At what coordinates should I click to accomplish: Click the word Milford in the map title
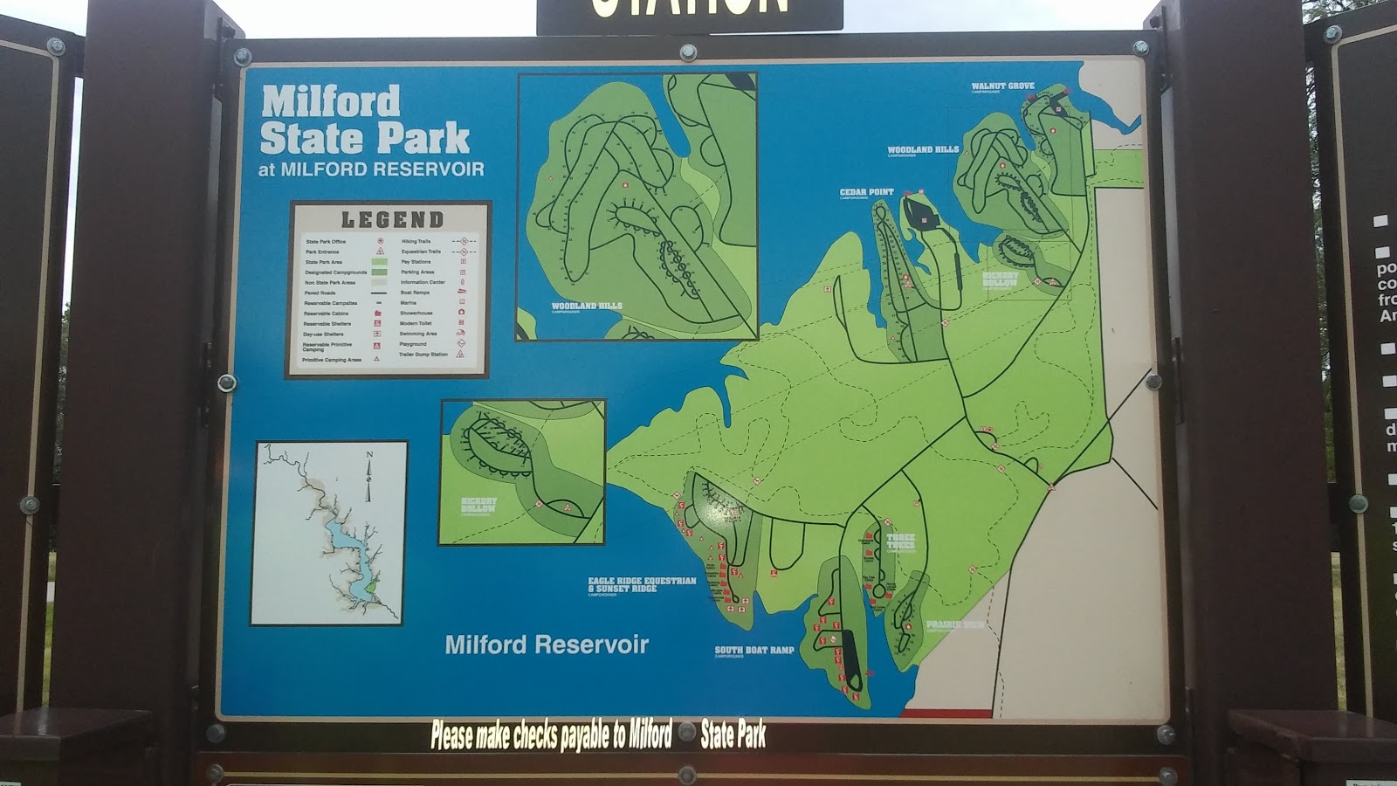(x=330, y=101)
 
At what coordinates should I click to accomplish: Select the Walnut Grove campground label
(x=1002, y=86)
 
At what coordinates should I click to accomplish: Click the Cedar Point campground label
(x=866, y=192)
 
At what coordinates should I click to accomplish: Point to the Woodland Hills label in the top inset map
(x=587, y=307)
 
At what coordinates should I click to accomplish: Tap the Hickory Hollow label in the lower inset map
(x=478, y=504)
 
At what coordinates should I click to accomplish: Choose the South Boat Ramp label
(x=754, y=650)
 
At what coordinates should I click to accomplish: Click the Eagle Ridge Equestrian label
(x=642, y=581)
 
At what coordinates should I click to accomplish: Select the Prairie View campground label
(x=954, y=624)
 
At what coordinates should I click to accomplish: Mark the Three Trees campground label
(x=900, y=541)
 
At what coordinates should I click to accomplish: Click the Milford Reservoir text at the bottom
(x=547, y=645)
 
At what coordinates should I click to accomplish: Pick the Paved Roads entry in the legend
(x=320, y=293)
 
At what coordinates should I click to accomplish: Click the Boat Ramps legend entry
(x=415, y=293)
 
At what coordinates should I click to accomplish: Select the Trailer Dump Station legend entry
(x=423, y=355)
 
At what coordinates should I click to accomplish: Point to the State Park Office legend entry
(x=326, y=241)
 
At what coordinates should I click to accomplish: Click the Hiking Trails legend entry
(x=416, y=241)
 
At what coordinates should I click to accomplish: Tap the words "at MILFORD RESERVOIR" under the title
(x=371, y=169)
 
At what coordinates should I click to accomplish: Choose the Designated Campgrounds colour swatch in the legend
(x=379, y=272)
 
